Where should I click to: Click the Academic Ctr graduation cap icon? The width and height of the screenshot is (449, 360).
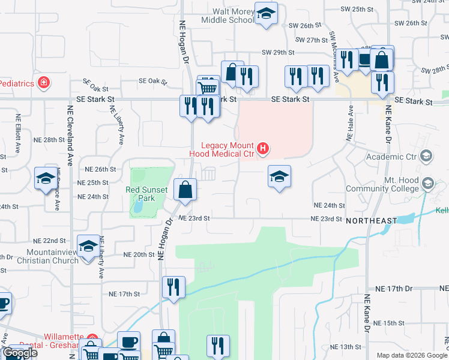426,157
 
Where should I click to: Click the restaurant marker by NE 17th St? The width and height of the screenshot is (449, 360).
173,287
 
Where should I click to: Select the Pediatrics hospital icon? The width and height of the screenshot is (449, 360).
43,82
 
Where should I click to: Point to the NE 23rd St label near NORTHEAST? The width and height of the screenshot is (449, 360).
326,220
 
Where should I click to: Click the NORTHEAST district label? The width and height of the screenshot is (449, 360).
371,221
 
